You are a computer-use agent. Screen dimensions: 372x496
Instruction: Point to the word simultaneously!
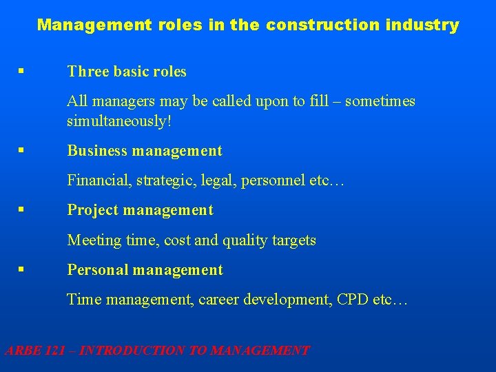tap(118, 122)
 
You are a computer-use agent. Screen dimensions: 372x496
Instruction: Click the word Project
tap(92, 210)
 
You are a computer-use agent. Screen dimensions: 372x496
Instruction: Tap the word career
tap(220, 300)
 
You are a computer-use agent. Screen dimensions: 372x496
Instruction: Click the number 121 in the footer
tap(58, 351)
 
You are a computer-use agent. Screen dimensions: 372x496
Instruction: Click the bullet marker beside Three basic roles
tap(23, 71)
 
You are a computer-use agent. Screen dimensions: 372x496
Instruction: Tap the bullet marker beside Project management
tap(23, 209)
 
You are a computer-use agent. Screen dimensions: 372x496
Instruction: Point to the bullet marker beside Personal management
tap(23, 269)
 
